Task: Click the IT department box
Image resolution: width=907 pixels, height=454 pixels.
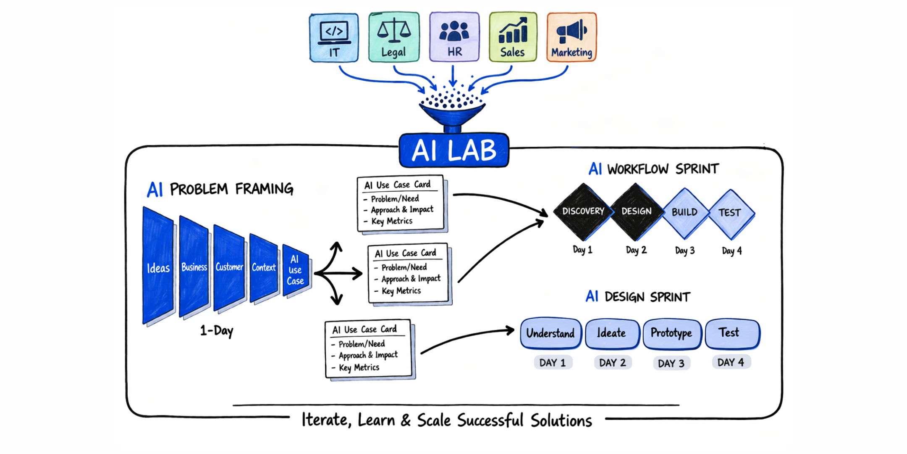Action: pyautogui.click(x=334, y=38)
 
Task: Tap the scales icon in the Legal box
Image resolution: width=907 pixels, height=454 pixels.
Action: pyautogui.click(x=394, y=30)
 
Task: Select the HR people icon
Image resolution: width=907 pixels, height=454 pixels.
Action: pyautogui.click(x=454, y=31)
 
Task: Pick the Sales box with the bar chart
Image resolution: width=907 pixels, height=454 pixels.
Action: pyautogui.click(x=513, y=37)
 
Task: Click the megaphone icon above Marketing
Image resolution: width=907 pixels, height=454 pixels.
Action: pyautogui.click(x=571, y=31)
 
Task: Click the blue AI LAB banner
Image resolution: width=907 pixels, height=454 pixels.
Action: pyautogui.click(x=454, y=150)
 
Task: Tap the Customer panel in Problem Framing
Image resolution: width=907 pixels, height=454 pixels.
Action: pyautogui.click(x=229, y=267)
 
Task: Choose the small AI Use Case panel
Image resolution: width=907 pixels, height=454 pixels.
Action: pyautogui.click(x=296, y=270)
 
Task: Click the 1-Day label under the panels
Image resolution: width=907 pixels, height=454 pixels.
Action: pyautogui.click(x=217, y=330)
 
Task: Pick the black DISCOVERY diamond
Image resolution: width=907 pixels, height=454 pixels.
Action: pyautogui.click(x=583, y=211)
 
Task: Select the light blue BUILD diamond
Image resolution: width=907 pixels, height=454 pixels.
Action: pyautogui.click(x=684, y=212)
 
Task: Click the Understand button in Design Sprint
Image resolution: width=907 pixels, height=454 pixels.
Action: pyautogui.click(x=550, y=333)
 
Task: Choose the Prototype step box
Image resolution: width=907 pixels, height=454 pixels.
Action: pyautogui.click(x=671, y=333)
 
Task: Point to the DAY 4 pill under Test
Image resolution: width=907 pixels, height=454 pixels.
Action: pyautogui.click(x=731, y=362)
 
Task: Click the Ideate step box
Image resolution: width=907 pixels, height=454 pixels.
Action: pyautogui.click(x=612, y=333)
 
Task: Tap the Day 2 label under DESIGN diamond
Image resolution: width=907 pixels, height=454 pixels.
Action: pyautogui.click(x=636, y=250)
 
